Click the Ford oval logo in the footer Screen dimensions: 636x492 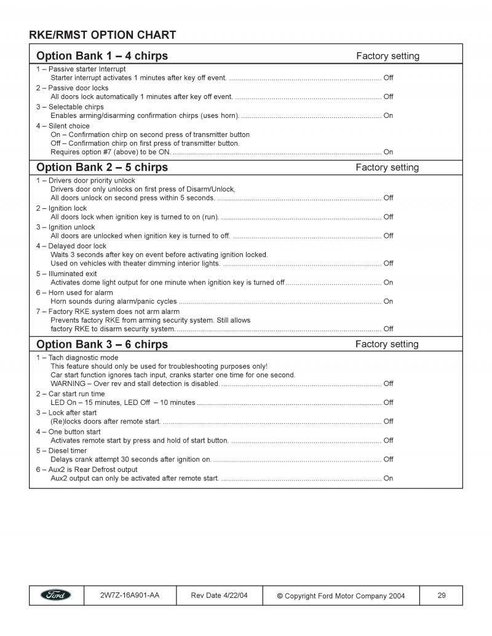[56, 595]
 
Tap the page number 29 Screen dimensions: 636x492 [442, 595]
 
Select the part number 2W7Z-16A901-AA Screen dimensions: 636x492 [129, 595]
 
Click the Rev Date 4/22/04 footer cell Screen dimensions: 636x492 [220, 595]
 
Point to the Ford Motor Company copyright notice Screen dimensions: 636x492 [340, 595]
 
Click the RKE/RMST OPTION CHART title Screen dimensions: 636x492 [103, 35]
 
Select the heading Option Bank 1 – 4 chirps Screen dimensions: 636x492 [102, 56]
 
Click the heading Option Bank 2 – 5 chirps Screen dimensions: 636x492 [102, 167]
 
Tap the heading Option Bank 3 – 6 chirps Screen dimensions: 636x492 [102, 344]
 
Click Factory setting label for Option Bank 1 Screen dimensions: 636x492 [387, 56]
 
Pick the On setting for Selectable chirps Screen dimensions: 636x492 [388, 116]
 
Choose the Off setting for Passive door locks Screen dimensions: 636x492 [388, 96]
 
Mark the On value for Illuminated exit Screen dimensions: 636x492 [388, 283]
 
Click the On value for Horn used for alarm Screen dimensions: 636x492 [388, 302]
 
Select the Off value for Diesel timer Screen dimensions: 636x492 [388, 459]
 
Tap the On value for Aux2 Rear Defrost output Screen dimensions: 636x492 [388, 478]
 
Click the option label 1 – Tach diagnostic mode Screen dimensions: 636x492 [77, 358]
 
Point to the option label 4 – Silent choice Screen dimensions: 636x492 [63, 126]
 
